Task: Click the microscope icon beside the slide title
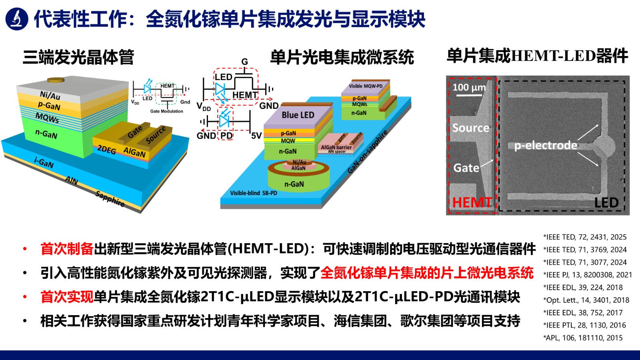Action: [x=17, y=18]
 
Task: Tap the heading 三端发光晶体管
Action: [x=78, y=57]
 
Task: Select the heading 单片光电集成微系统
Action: [x=342, y=57]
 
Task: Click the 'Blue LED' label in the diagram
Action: [x=298, y=115]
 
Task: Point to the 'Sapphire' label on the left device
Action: [x=110, y=199]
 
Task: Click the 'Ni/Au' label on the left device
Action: [x=50, y=96]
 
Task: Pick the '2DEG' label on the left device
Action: [x=106, y=150]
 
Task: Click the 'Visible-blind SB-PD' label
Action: [x=253, y=193]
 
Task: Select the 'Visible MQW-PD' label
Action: [x=366, y=86]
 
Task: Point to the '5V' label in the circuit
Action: [x=256, y=136]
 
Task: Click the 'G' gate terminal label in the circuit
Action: [x=245, y=62]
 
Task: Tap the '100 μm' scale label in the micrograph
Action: [x=469, y=87]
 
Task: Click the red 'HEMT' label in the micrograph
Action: [x=472, y=202]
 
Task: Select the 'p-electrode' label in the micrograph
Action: [x=546, y=145]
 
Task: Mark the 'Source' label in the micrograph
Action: [x=470, y=128]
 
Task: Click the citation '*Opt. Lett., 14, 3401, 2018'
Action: [x=586, y=300]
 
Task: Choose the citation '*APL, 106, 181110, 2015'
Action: [x=583, y=338]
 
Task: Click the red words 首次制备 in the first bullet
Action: [x=67, y=249]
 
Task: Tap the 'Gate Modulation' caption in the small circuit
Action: [x=166, y=111]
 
